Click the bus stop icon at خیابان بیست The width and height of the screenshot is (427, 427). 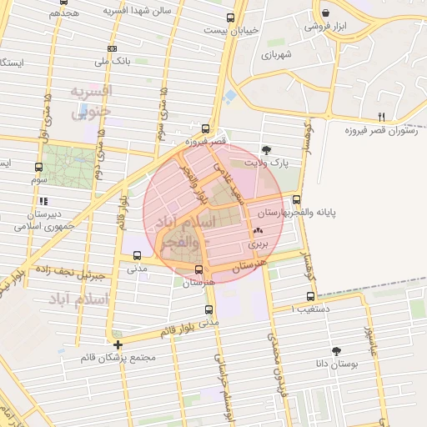coord(231,18)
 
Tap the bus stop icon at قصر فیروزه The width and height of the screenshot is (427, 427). coord(204,128)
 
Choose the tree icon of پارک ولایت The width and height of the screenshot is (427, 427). coord(266,150)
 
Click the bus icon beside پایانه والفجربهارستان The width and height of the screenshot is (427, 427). coord(298,199)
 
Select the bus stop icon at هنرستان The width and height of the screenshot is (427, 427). coord(198,269)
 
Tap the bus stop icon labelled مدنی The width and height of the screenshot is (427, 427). coord(137,256)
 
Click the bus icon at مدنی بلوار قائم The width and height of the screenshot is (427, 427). coord(208,309)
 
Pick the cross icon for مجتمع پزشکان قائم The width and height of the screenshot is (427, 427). coord(118,344)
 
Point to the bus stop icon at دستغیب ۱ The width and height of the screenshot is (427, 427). coord(310,296)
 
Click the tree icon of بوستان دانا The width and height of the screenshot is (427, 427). coord(336,351)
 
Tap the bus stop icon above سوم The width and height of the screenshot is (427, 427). coord(38,167)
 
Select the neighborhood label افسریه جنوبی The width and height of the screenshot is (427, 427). coord(90,100)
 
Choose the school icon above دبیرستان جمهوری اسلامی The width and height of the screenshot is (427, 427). coord(43,201)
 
